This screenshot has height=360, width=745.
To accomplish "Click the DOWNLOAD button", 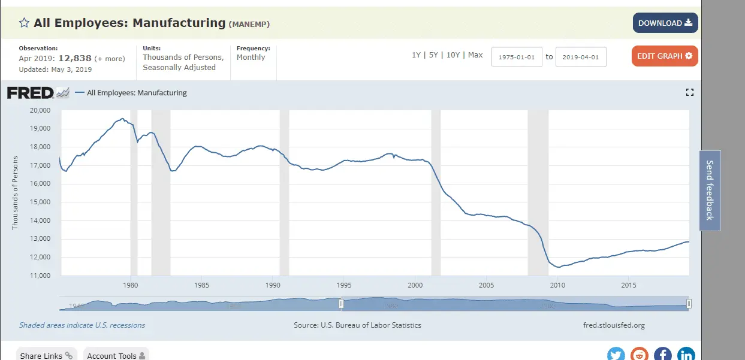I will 665,23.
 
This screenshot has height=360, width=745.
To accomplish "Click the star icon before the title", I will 24,23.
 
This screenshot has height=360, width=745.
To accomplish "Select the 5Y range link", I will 433,55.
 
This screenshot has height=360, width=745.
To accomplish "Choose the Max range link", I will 475,55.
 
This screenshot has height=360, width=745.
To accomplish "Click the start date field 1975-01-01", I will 517,58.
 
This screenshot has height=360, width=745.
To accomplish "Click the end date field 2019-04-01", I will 581,58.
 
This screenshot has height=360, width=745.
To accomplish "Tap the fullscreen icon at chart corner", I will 689,92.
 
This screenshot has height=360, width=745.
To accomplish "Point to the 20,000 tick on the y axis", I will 40,110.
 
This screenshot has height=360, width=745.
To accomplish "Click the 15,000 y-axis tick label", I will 40,202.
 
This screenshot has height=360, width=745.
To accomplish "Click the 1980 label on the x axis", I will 131,285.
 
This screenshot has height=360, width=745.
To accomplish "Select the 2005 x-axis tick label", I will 487,285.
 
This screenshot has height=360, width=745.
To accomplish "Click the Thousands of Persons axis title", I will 16,193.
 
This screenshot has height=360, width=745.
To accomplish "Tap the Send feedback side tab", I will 710,190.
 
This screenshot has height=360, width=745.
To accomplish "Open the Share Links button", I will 46,355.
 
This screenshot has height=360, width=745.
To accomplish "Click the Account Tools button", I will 116,355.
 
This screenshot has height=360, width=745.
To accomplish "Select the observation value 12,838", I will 74,58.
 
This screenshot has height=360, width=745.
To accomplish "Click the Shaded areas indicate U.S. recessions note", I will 82,325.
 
